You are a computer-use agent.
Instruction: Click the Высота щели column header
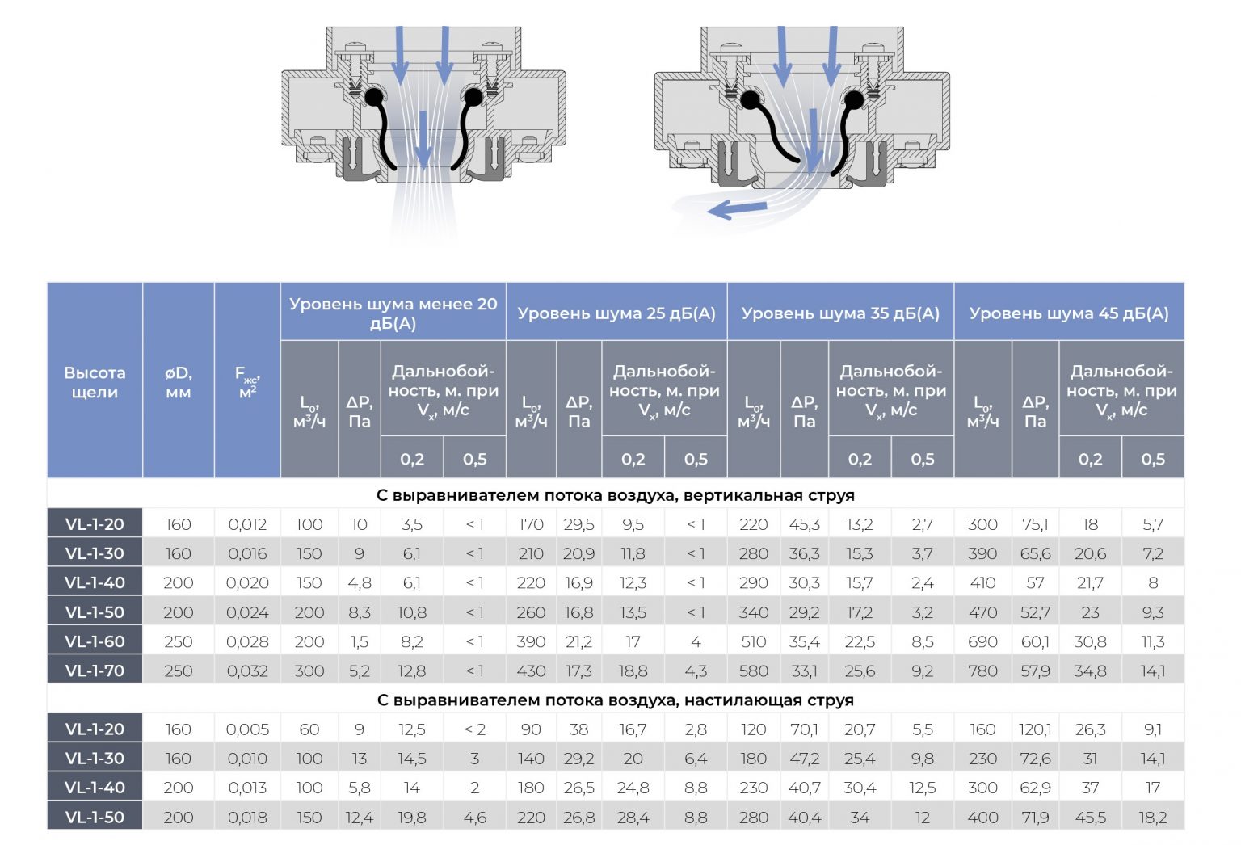95,382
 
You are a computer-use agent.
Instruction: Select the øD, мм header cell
178,382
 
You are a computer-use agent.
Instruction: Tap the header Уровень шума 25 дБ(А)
616,313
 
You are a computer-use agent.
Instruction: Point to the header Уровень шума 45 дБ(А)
1069,313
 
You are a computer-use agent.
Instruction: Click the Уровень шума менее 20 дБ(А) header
393,313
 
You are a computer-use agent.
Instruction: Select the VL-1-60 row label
95,641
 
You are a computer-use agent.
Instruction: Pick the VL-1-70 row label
95,671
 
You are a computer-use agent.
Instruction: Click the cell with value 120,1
1035,729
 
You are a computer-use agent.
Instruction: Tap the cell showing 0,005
247,729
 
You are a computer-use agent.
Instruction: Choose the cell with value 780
982,671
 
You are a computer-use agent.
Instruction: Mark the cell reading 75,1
1035,524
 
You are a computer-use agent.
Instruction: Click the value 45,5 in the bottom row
1090,818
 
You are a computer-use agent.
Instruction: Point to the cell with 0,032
247,671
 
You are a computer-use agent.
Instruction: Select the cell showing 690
982,641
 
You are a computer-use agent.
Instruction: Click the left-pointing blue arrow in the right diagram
735,210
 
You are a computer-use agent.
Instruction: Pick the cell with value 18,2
1152,818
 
